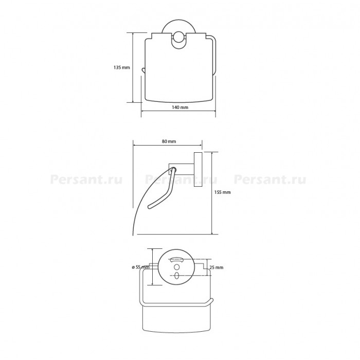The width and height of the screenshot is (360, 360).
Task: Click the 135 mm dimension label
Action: tap(122, 67)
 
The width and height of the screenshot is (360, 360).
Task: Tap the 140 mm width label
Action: tap(180, 107)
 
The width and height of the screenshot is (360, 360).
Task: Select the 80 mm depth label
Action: tap(169, 141)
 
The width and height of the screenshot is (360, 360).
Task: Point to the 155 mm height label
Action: tap(222, 192)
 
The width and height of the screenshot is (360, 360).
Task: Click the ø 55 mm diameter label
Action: tap(140, 267)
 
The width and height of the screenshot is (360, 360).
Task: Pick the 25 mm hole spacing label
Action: tap(217, 267)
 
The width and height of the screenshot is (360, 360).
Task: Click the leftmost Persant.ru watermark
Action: tap(86, 180)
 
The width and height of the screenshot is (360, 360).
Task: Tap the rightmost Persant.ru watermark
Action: tap(270, 180)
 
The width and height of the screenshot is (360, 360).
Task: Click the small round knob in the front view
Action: tap(178, 37)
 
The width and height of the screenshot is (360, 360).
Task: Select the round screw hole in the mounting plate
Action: tap(176, 267)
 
